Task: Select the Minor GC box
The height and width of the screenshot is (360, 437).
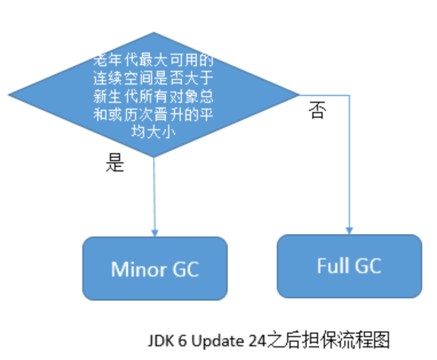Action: [x=154, y=269]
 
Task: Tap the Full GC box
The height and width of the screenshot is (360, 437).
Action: [x=349, y=266]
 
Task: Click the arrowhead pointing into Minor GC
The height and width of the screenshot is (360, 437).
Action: [x=154, y=233]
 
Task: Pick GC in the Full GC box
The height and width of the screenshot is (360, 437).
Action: [x=367, y=266]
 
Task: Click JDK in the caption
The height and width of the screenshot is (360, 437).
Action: [x=160, y=341]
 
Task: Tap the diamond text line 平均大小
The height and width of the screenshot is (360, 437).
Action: [x=153, y=131]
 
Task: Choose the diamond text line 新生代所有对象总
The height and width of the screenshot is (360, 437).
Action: [x=153, y=95]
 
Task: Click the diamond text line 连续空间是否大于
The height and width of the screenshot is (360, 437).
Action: [x=153, y=77]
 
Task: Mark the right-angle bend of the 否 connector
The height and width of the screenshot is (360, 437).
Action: [x=349, y=95]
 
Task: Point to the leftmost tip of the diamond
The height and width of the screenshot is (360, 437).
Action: [x=9, y=94]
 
